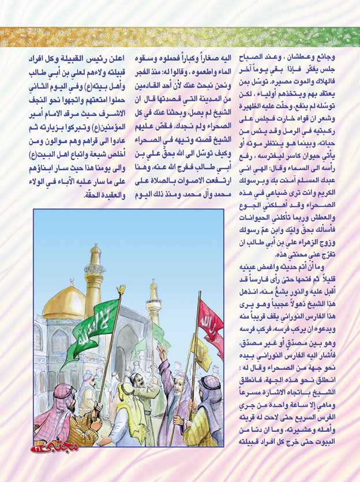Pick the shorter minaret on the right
(153, 303)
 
